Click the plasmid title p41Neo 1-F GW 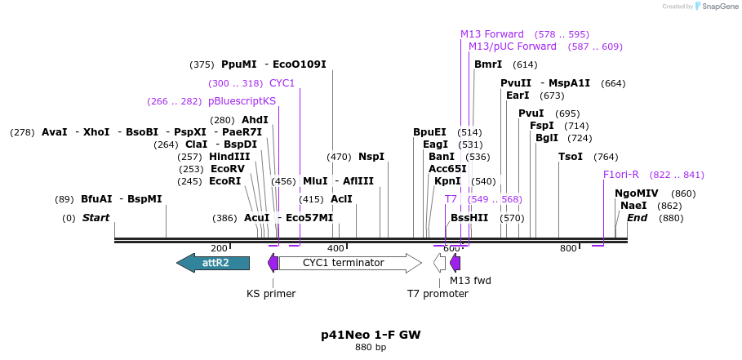[x=371, y=335]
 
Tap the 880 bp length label [x=371, y=348]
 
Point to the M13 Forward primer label [x=491, y=34]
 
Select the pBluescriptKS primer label [x=242, y=101]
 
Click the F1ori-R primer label [x=620, y=175]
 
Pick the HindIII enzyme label [x=229, y=157]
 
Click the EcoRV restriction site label [x=227, y=169]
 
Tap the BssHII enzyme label [x=469, y=218]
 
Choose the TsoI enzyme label [x=571, y=157]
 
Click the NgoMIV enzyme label [x=636, y=193]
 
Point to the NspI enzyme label [x=371, y=157]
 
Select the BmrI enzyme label [x=488, y=64]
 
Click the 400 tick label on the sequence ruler [x=335, y=248]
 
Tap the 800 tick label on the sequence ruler [x=568, y=248]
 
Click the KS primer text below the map [x=271, y=293]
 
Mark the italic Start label [x=96, y=218]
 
